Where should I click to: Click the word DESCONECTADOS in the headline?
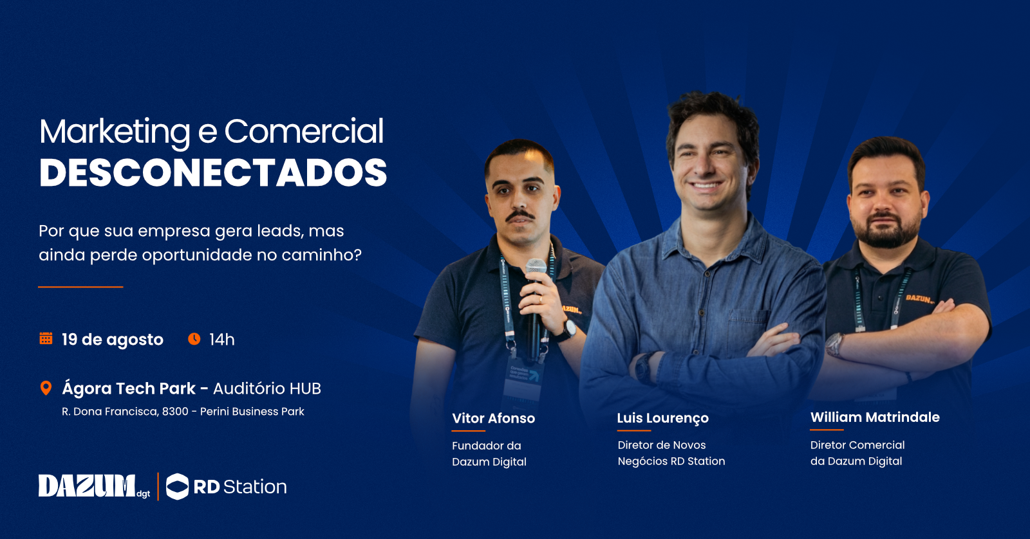[213, 173]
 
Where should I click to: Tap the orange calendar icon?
[46, 338]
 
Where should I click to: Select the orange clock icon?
[194, 339]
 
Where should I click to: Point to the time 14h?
[221, 340]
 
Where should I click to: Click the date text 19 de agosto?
[113, 340]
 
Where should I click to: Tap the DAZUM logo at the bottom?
[94, 486]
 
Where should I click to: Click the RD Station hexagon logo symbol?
[177, 486]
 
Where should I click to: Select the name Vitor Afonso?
[493, 418]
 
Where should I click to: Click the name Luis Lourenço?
[662, 418]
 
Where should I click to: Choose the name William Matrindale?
[875, 417]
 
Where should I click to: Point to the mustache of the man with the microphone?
[520, 215]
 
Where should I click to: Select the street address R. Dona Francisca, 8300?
[125, 411]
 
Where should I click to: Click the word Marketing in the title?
[115, 132]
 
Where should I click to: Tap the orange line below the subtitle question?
[80, 287]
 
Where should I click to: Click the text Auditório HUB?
[267, 388]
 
